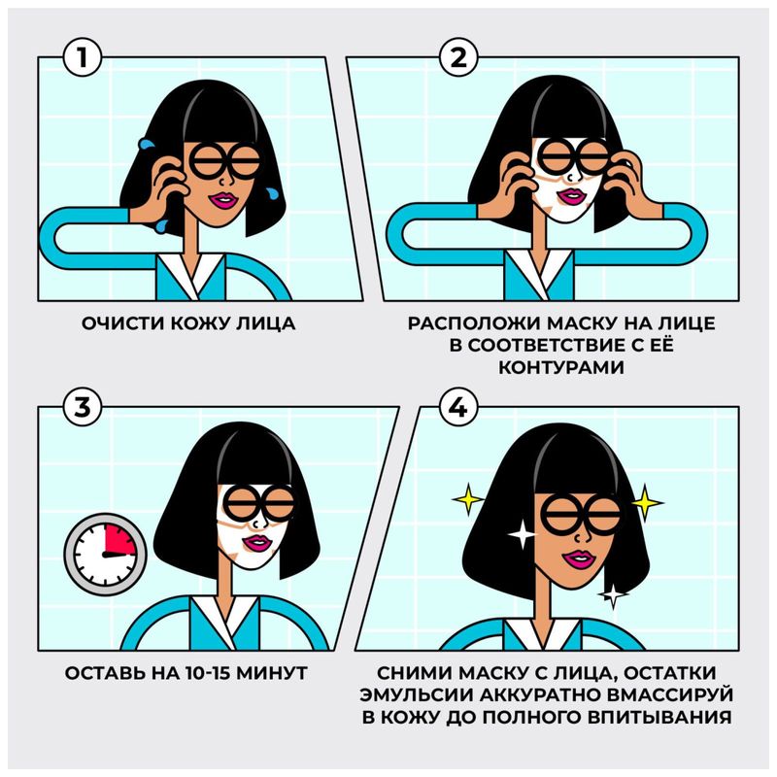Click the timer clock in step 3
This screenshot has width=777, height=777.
[x=104, y=551]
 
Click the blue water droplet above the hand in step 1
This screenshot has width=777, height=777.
[x=147, y=145]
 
